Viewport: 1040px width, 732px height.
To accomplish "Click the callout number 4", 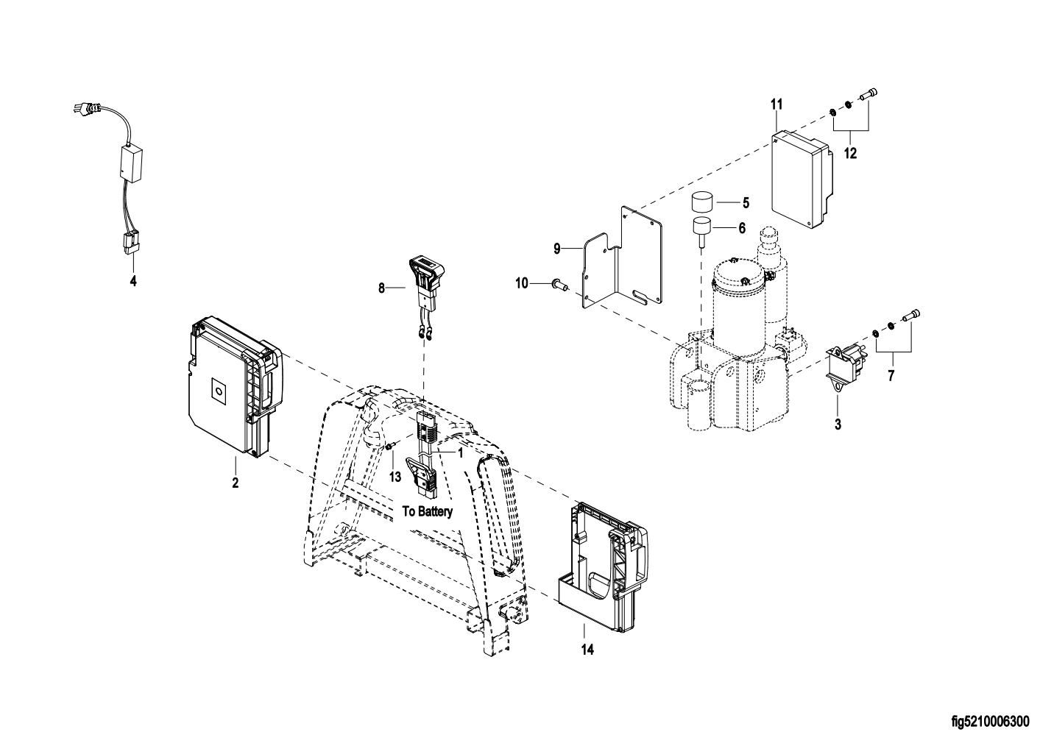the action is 133,281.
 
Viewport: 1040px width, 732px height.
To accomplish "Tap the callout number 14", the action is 587,650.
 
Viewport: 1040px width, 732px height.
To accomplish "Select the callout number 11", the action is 777,105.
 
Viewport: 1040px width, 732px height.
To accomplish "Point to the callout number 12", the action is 850,153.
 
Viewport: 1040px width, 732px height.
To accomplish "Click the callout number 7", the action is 891,376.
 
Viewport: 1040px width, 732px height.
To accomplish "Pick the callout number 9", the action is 557,249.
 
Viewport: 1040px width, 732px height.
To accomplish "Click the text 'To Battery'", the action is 427,511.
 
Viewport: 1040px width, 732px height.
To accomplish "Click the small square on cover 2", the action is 218,389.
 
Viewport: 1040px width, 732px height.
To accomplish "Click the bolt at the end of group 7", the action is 911,316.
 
